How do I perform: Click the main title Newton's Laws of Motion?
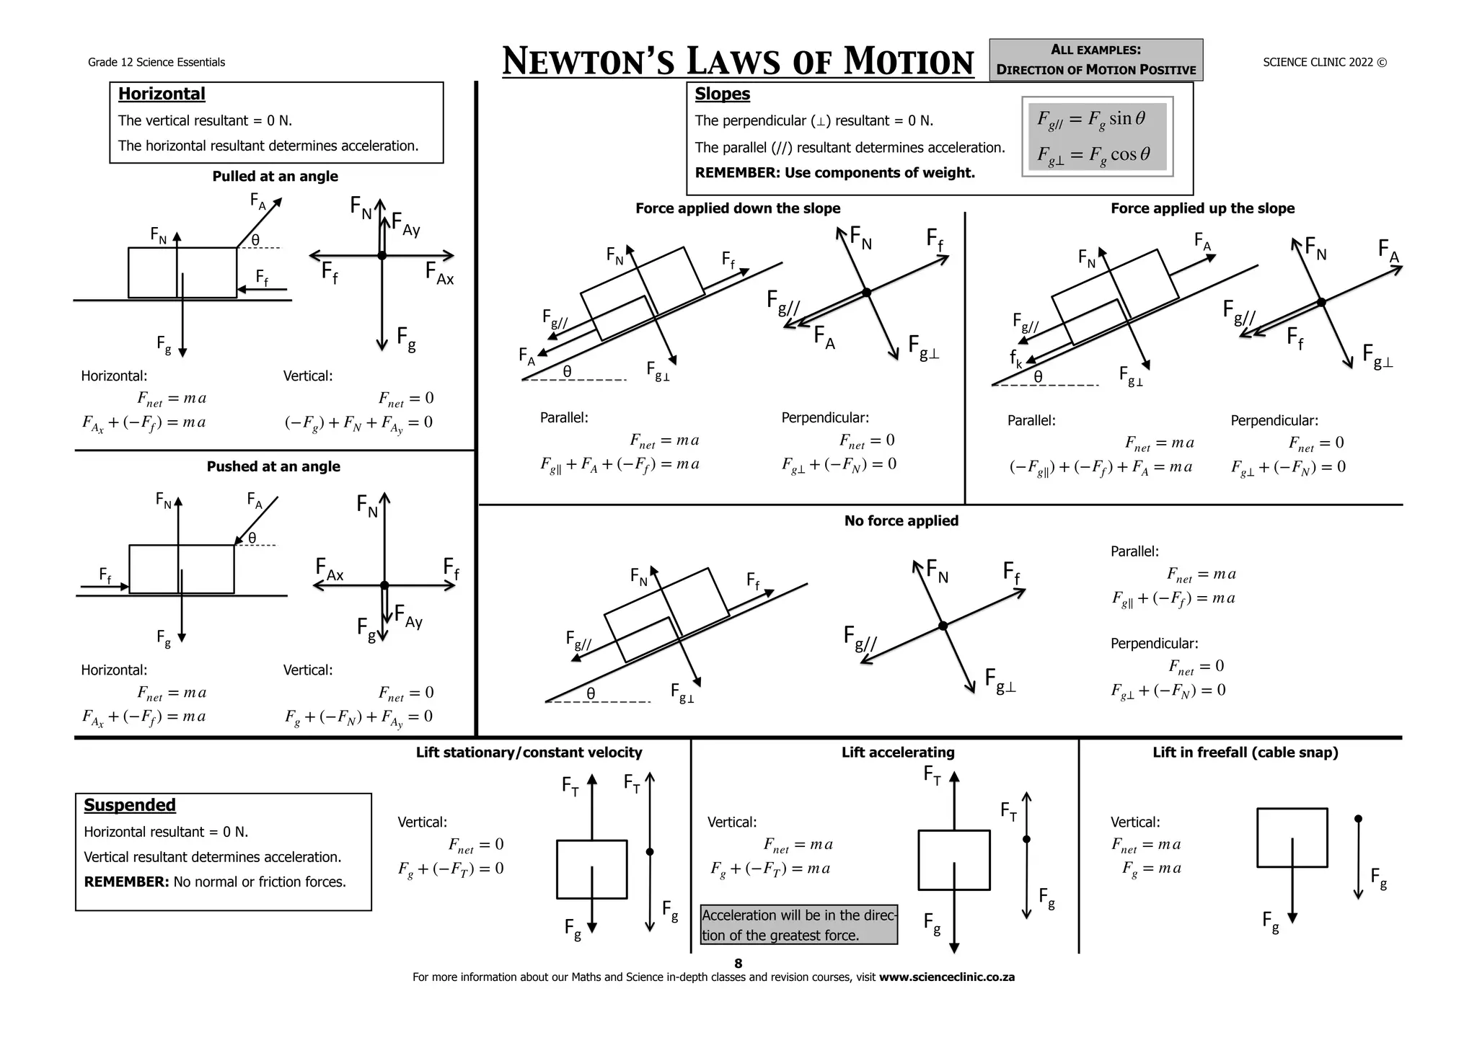[x=737, y=61]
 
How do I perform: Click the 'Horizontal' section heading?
[x=162, y=94]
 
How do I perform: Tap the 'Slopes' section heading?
[x=722, y=94]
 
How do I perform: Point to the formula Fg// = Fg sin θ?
[x=1090, y=120]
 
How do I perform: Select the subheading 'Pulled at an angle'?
[x=275, y=177]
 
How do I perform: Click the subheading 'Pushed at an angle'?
[x=273, y=466]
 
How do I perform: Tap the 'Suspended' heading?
[x=130, y=805]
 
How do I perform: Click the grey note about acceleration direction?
[x=799, y=925]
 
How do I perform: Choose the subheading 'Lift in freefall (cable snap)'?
[x=1245, y=753]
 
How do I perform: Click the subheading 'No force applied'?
[x=901, y=520]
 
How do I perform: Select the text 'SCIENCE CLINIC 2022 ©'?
[x=1324, y=62]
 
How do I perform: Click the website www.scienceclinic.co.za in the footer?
[x=946, y=977]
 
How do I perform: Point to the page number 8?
[x=738, y=964]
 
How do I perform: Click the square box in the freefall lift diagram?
[x=1292, y=838]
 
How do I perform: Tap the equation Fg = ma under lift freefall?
[x=1152, y=869]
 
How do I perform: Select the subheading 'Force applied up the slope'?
[x=1202, y=208]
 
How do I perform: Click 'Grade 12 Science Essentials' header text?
[x=156, y=63]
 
